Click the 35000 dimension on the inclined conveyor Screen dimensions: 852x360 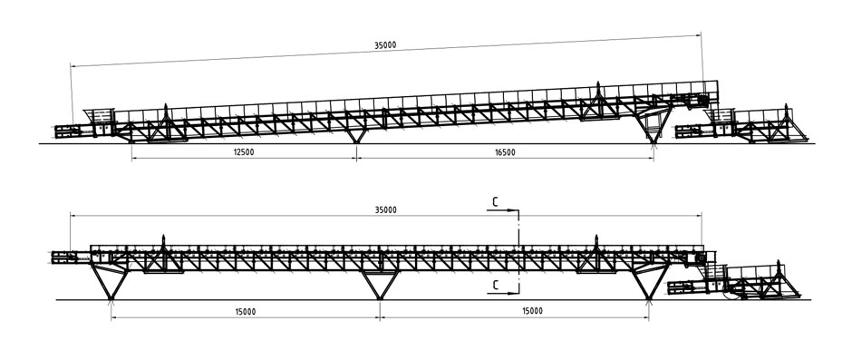click(385, 45)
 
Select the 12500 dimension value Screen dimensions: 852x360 click(244, 152)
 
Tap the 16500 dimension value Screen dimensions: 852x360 click(505, 152)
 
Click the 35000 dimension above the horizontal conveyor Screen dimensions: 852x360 click(385, 209)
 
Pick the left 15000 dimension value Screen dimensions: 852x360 click(246, 312)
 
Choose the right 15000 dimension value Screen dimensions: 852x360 click(532, 311)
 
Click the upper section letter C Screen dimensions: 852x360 click(495, 202)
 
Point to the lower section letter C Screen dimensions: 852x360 click(495, 284)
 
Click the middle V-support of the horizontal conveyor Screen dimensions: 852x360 click(380, 285)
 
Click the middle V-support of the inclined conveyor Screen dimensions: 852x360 click(356, 135)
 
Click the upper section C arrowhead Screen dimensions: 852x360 click(515, 209)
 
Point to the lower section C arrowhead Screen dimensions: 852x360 click(515, 294)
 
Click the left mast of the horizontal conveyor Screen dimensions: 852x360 click(163, 242)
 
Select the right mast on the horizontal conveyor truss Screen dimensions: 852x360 click(596, 242)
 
